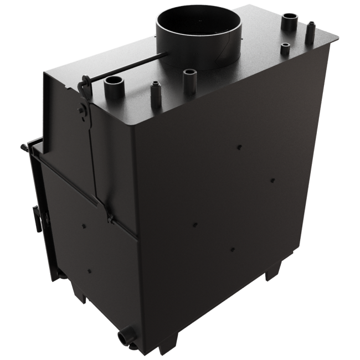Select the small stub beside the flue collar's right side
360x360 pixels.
pyautogui.click(x=285, y=48)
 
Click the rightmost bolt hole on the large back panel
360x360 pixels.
pyautogui.click(x=272, y=179)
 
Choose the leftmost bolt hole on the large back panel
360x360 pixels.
pyautogui.click(x=195, y=224)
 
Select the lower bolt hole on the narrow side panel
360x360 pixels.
pyautogui.click(x=89, y=271)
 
